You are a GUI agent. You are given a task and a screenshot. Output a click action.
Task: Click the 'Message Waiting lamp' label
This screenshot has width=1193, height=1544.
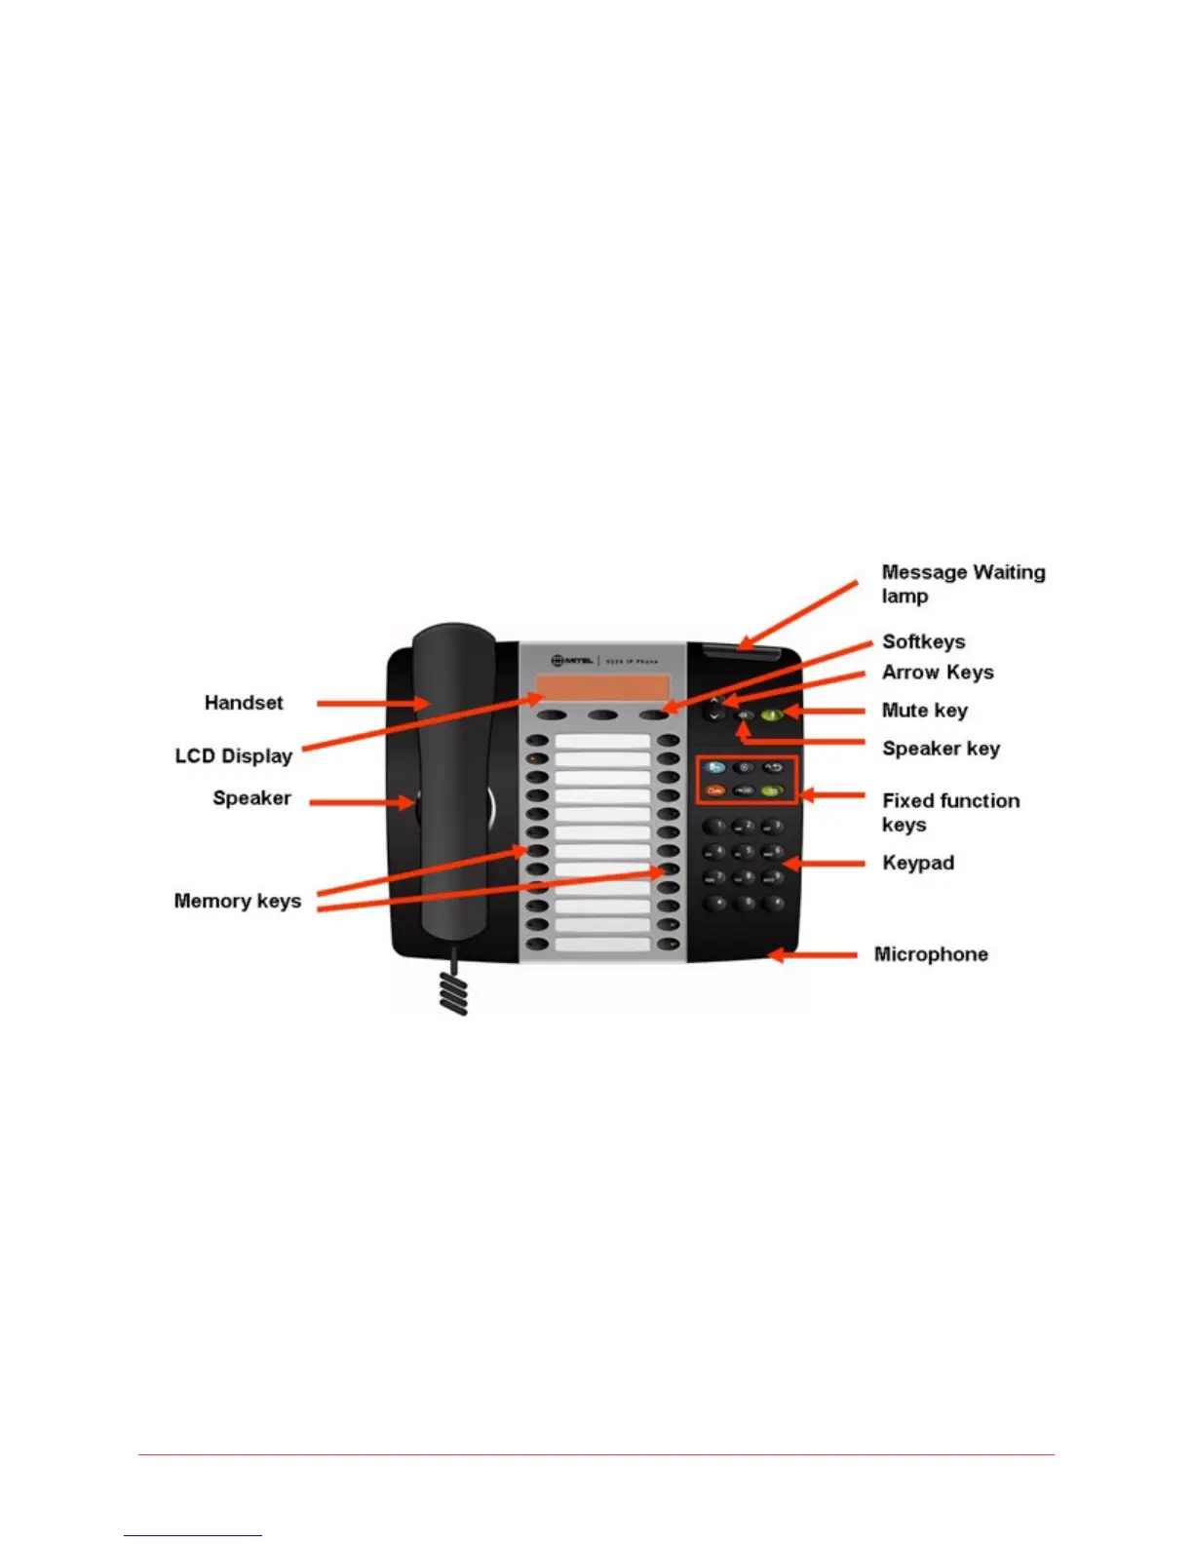[x=962, y=584]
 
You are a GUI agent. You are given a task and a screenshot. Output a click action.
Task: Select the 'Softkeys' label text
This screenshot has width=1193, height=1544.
[x=923, y=641]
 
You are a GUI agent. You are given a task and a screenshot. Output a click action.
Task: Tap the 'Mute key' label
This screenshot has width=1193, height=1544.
[x=924, y=711]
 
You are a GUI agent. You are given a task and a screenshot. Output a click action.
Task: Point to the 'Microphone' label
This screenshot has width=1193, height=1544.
[x=931, y=954]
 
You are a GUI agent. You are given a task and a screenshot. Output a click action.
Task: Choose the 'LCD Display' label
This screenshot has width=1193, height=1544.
[x=233, y=756]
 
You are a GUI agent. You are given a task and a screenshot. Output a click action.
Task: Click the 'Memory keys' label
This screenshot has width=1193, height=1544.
[x=237, y=901]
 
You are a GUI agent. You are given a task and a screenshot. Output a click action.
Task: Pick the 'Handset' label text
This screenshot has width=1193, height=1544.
[x=244, y=703]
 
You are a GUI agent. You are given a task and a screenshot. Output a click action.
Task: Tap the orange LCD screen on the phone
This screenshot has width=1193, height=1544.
[x=601, y=687]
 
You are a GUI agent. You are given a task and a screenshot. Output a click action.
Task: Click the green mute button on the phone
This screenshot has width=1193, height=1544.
[x=772, y=714]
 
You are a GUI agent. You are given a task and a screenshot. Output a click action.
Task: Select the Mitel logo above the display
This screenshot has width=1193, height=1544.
[x=572, y=660]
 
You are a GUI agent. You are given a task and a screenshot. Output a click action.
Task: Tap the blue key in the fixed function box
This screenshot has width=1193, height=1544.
[x=714, y=768]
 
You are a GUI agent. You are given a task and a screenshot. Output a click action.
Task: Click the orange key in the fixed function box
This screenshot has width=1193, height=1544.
[x=714, y=791]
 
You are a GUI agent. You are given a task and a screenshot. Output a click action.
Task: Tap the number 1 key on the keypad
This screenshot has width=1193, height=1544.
[x=716, y=827]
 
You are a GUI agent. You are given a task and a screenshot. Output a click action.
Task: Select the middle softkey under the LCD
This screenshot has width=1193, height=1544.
[x=602, y=716]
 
